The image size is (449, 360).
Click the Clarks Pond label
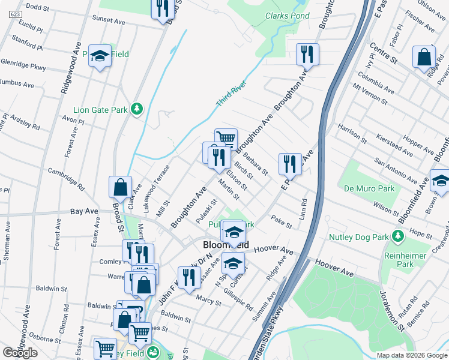[x=288, y=16]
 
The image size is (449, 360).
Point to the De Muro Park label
[x=369, y=188]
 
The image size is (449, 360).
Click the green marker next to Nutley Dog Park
[x=397, y=237]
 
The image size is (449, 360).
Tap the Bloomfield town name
[x=226, y=245]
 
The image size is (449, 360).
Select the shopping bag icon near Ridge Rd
[x=424, y=56]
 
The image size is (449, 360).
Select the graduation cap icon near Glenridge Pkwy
[x=100, y=56]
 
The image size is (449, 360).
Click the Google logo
[x=20, y=352]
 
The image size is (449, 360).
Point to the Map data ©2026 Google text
[x=411, y=355]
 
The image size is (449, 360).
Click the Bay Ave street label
[x=84, y=212]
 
